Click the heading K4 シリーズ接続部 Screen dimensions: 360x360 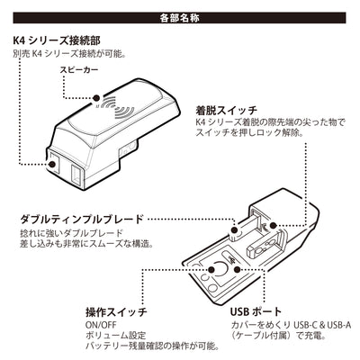pyautogui.click(x=57, y=40)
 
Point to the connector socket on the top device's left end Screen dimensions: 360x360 pyautogui.click(x=57, y=166)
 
